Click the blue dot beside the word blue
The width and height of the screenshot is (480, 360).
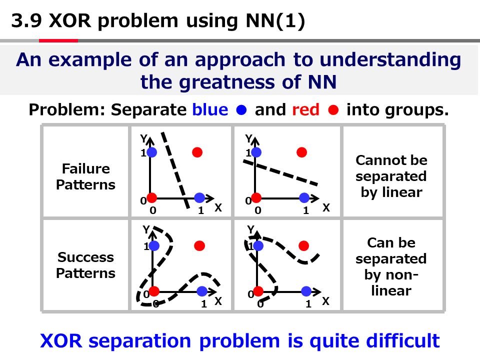(x=242, y=110)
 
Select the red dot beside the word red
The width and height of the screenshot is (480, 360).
(x=333, y=110)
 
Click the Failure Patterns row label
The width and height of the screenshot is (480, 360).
(x=85, y=176)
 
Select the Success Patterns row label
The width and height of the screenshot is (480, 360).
(x=85, y=265)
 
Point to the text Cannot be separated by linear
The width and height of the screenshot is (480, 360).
(x=391, y=176)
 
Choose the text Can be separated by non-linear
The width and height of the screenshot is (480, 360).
(x=391, y=266)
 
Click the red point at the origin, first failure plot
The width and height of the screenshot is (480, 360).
(x=152, y=197)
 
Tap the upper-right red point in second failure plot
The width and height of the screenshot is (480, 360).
(x=301, y=152)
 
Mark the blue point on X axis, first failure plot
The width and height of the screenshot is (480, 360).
(x=199, y=197)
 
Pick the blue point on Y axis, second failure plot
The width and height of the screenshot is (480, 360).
(x=257, y=152)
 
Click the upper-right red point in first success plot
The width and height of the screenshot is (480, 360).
(x=199, y=245)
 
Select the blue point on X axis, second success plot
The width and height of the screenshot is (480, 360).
(x=306, y=291)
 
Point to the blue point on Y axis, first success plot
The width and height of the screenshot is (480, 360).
(x=153, y=245)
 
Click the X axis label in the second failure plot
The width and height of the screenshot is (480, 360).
(x=326, y=207)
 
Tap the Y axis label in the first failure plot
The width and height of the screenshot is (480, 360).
(x=143, y=137)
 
